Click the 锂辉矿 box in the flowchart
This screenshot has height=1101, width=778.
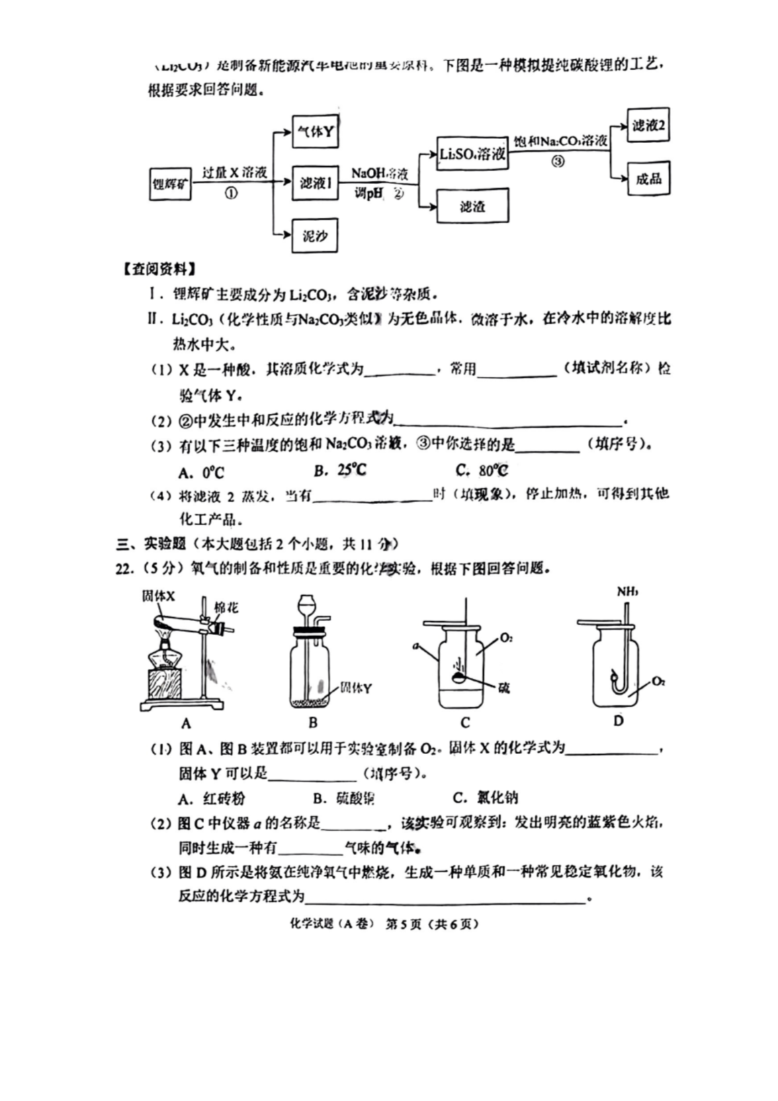[x=169, y=183]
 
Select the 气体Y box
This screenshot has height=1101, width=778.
[x=314, y=131]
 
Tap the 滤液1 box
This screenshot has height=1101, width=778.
[x=314, y=182]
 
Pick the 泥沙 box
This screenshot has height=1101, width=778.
[x=314, y=236]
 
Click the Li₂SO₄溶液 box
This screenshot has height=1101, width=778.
[x=472, y=154]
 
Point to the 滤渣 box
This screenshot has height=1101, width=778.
[x=472, y=206]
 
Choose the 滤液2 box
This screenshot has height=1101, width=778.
[x=648, y=126]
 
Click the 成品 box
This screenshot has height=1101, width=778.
[x=648, y=179]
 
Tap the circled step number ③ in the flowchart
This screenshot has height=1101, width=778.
[x=558, y=161]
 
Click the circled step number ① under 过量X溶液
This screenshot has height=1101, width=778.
[x=230, y=193]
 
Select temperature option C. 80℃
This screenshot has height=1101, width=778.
[x=481, y=471]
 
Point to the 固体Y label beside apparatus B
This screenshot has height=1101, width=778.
[x=355, y=688]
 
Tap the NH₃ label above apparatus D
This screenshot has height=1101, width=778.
[x=628, y=592]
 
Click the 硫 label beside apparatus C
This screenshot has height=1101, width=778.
[x=503, y=688]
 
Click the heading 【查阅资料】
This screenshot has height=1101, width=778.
[x=159, y=270]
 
